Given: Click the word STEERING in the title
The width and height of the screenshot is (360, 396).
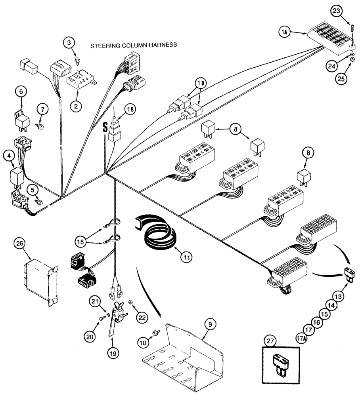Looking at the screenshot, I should tap(103, 46).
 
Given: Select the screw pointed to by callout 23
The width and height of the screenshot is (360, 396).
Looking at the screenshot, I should tap(351, 31).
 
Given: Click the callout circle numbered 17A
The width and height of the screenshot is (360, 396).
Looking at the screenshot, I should tap(302, 338).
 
